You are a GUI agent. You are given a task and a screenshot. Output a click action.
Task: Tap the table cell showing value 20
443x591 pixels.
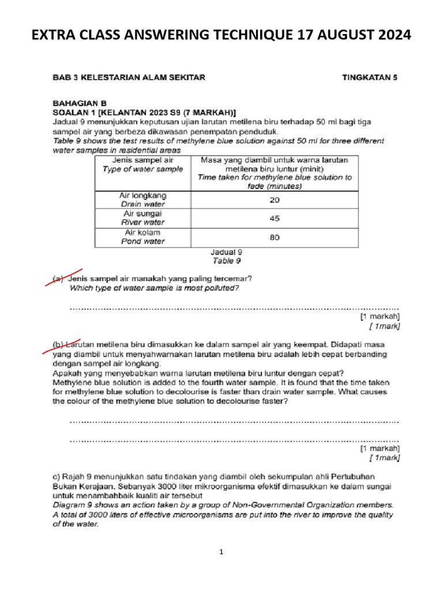[275, 199]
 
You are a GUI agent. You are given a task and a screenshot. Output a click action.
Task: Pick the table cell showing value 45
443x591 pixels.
[275, 218]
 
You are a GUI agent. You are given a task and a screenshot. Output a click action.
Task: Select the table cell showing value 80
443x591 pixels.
[275, 237]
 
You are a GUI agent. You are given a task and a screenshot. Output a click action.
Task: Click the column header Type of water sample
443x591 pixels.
[142, 169]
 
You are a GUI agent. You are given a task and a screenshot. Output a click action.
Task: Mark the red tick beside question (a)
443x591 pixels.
[64, 276]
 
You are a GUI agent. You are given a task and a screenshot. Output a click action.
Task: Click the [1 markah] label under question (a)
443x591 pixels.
[380, 316]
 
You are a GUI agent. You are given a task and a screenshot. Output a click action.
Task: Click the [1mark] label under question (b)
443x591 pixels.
[384, 458]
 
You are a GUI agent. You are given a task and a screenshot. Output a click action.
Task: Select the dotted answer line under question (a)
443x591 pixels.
[234, 308]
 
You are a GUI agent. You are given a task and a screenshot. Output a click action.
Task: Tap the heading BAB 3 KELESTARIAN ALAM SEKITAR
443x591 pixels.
[127, 76]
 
